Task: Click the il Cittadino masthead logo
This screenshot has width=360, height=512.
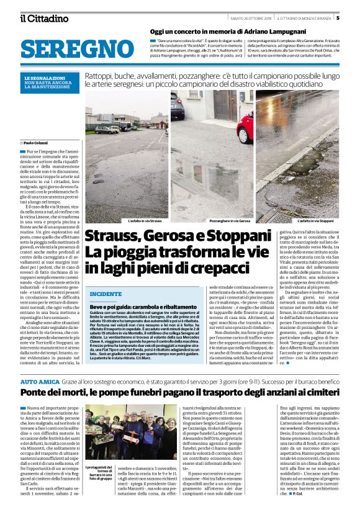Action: click(x=43, y=18)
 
